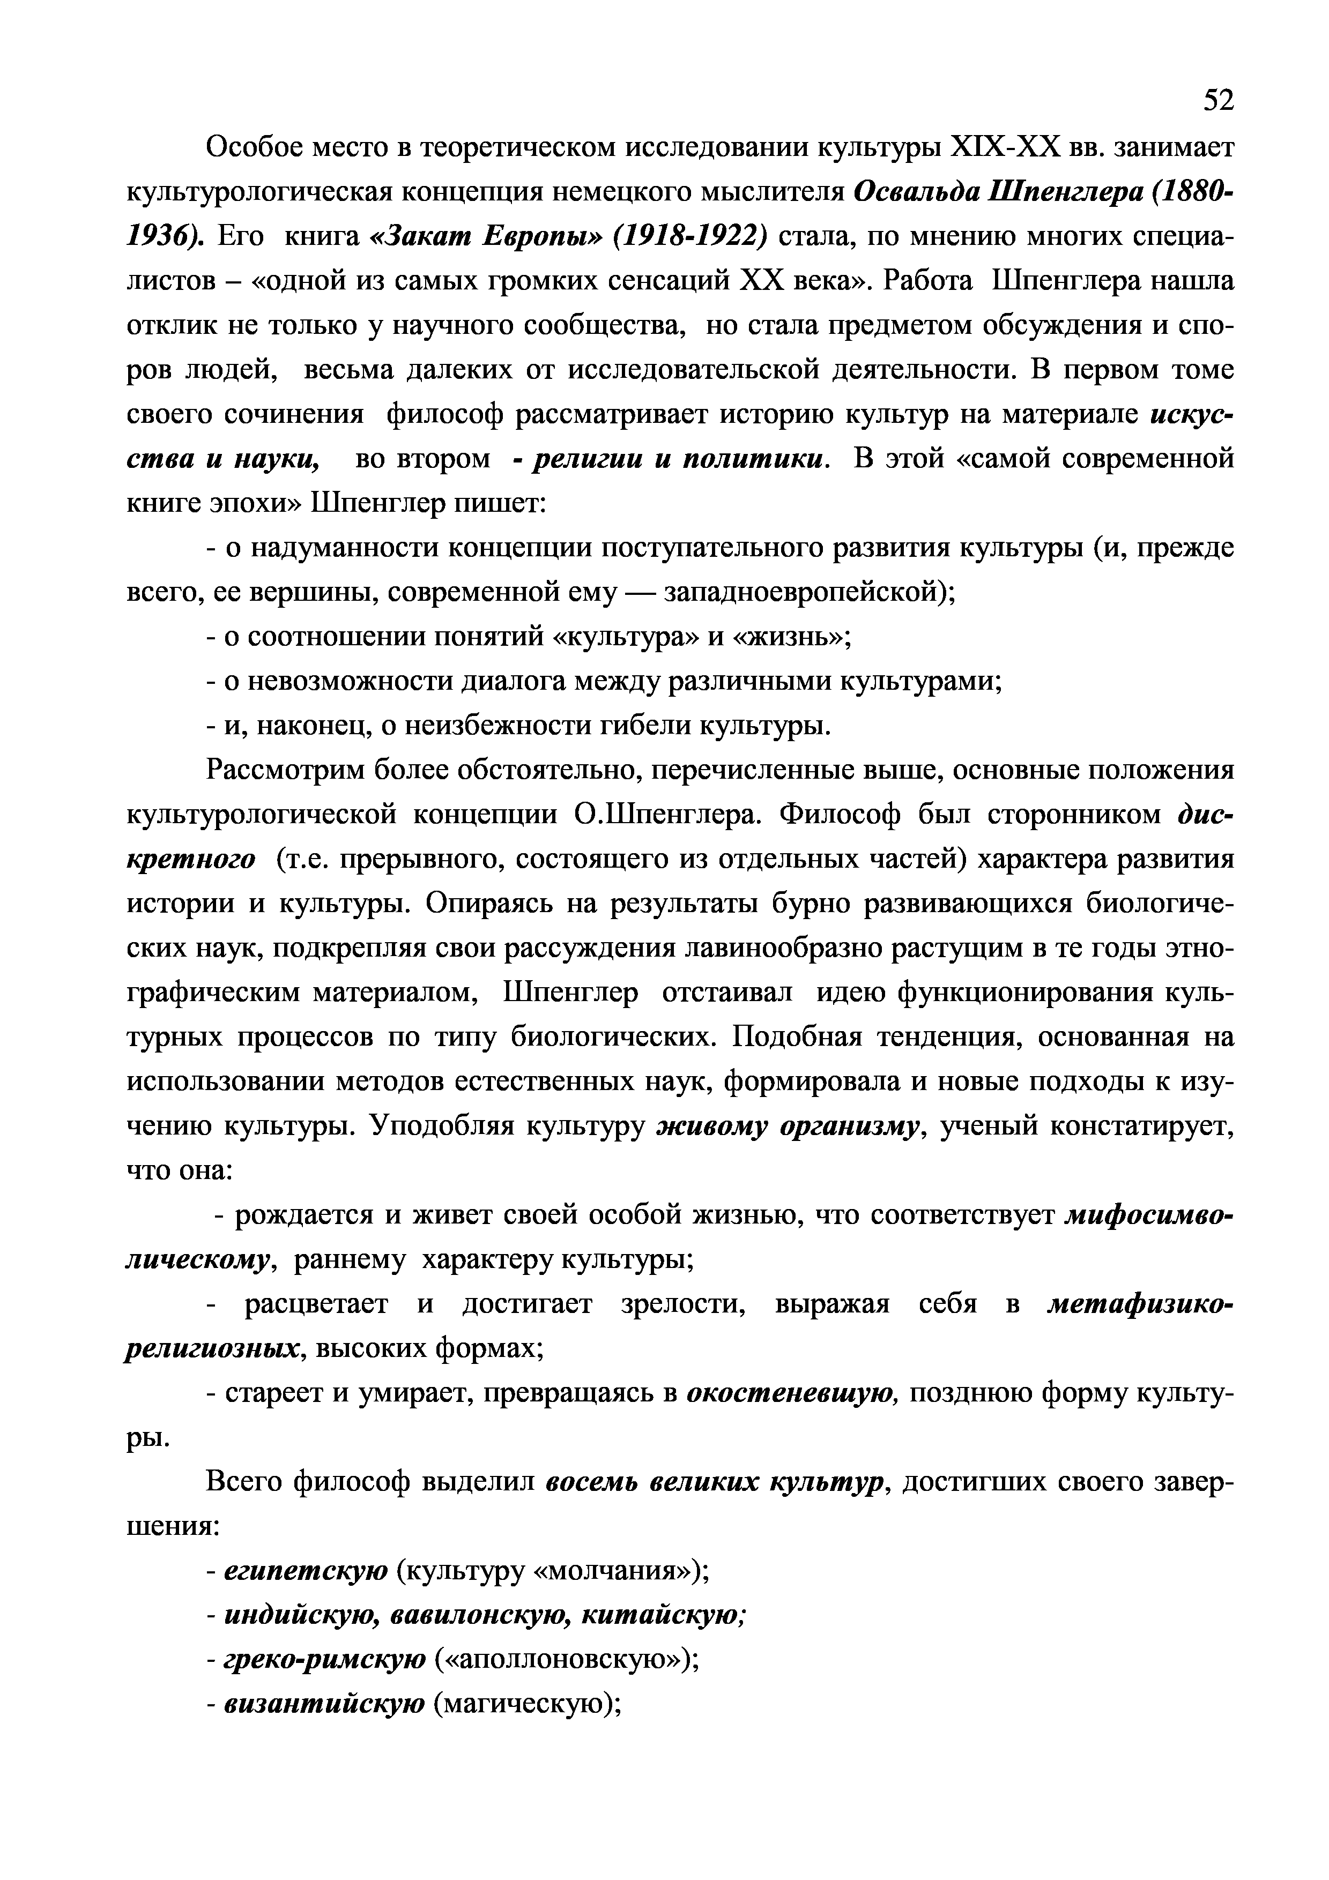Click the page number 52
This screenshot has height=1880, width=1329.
click(1217, 100)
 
